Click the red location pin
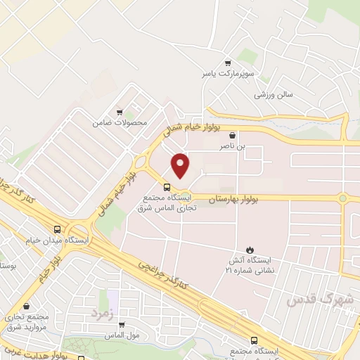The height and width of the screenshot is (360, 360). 181,165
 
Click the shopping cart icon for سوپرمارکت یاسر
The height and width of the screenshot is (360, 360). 227,62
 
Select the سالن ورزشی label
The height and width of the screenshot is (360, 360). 274,94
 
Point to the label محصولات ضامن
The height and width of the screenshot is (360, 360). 120,123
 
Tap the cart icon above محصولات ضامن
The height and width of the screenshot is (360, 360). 120,112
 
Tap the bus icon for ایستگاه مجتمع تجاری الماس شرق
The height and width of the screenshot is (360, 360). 167,187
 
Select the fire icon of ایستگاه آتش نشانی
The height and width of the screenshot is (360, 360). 248,249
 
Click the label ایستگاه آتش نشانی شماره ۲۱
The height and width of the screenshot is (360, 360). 247,265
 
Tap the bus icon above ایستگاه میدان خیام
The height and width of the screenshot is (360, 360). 58,229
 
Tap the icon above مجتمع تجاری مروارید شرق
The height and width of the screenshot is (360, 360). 27,307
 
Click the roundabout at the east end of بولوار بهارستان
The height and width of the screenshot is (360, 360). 342,199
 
